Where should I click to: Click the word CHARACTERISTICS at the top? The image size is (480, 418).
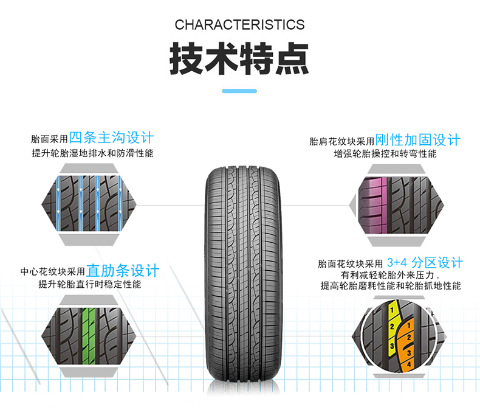coord(239,25)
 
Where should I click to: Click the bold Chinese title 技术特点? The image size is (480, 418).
coord(239,58)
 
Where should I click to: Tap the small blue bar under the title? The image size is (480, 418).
coord(239,91)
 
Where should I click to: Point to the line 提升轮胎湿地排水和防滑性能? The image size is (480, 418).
coord(93,153)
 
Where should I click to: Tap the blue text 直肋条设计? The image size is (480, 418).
coord(123,270)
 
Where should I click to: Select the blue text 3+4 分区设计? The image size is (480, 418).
coord(425,263)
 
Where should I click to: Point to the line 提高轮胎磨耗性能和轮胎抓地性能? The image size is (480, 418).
coord(391,286)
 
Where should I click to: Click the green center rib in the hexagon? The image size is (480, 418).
coord(89,332)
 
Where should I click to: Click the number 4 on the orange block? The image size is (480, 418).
coord(409,363)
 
